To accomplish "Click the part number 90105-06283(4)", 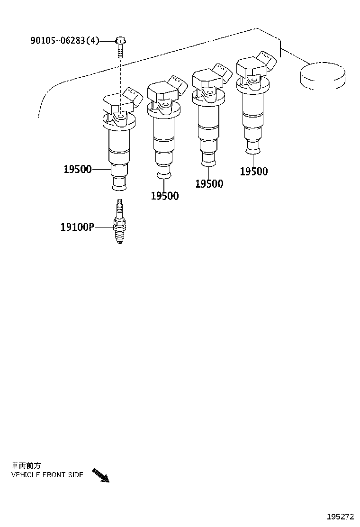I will tap(65, 41).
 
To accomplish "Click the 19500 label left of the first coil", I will tap(78, 169).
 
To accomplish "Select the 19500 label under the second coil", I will tap(165, 196).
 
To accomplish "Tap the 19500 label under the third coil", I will tap(209, 184).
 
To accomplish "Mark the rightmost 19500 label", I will tap(253, 172).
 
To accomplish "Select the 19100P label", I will tap(77, 227).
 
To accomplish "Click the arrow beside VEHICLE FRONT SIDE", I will tap(100, 475).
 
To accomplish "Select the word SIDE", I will tap(76, 474).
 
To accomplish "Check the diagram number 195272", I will tap(339, 517).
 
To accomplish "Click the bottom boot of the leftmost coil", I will tap(119, 182).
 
